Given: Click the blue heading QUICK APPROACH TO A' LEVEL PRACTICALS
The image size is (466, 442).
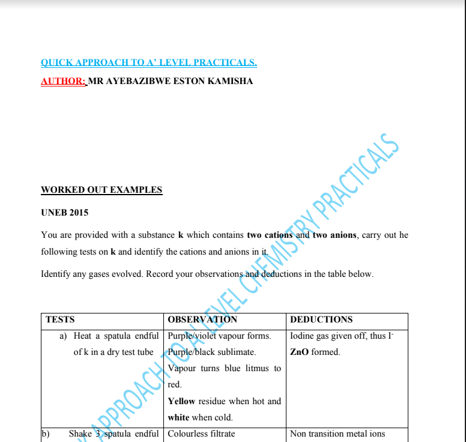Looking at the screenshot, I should tap(148, 62).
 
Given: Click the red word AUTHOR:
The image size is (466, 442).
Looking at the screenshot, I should tap(63, 81).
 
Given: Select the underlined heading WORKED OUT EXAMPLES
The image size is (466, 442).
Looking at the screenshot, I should tap(101, 190).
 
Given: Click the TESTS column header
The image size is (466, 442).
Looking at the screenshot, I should tap(60, 319).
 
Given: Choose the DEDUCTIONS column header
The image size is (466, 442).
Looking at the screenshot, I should tap(321, 319).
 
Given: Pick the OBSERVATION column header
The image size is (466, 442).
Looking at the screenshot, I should tap(202, 319).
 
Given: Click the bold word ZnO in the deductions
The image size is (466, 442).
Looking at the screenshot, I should tap(299, 352).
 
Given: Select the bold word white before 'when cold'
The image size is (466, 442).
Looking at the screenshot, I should tap(178, 417).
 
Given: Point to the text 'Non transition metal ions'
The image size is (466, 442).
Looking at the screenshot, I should tap(337, 434).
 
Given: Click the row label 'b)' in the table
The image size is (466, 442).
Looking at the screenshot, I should tap(44, 434).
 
